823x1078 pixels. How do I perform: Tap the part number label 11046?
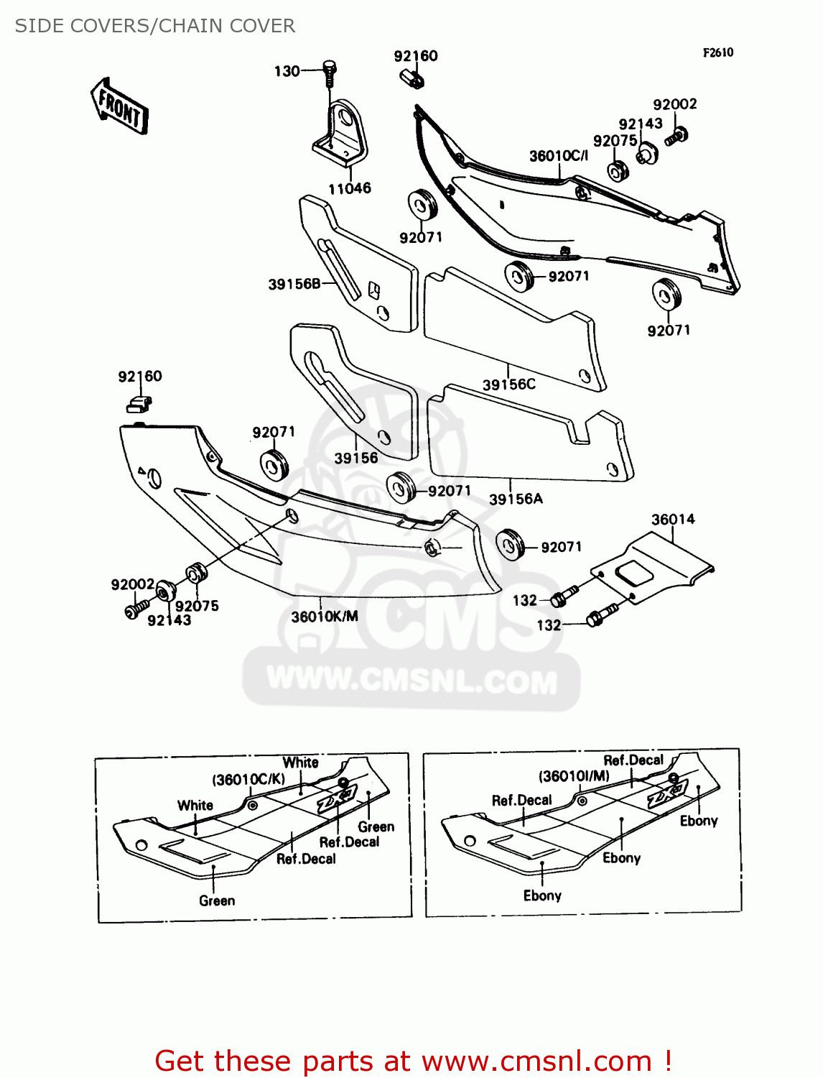pos(350,188)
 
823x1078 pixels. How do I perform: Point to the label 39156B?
pos(294,284)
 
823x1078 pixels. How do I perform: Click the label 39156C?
pos(508,384)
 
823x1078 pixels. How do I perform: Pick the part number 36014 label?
pos(673,519)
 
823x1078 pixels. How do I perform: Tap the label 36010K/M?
pos(324,617)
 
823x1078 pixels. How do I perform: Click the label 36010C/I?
pos(558,156)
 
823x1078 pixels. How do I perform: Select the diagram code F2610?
pos(717,52)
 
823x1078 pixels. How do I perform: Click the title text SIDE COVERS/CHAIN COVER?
pos(155,26)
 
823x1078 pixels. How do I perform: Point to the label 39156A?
pos(516,499)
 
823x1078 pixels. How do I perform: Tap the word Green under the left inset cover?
pos(217,900)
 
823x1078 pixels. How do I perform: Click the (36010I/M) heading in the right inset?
pos(574,776)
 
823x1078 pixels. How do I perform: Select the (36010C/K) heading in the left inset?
pos(248,780)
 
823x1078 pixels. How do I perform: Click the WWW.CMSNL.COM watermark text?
pos(411,680)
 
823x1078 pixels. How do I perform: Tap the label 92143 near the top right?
pos(640,124)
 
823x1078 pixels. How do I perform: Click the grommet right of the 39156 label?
pos(401,487)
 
